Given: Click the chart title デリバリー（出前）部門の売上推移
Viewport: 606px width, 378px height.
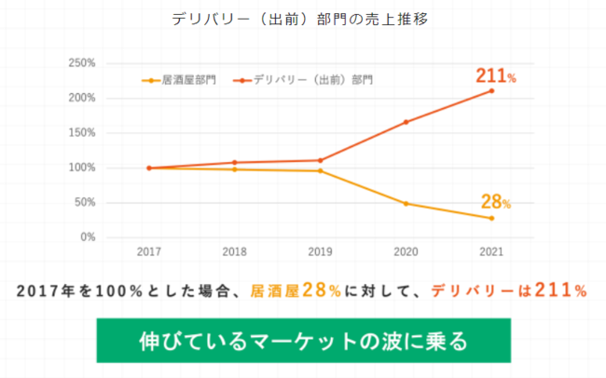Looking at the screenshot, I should (300, 20).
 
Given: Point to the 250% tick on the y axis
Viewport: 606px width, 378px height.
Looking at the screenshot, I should (82, 63).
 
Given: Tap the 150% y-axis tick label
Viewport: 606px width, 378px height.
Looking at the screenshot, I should (82, 133).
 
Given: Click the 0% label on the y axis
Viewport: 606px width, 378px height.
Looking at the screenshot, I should (88, 237).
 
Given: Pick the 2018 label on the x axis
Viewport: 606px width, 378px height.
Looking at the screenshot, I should (234, 252).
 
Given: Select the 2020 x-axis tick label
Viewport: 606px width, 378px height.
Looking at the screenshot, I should (406, 252).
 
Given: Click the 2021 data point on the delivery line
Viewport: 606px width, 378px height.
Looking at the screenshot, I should (491, 90).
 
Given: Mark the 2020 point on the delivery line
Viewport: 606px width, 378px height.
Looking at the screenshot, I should (406, 122).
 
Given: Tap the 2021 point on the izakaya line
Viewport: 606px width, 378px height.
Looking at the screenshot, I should (491, 218).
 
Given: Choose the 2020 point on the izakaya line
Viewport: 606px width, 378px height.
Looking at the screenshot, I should (406, 203).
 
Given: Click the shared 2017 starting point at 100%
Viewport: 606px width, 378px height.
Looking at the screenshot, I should (148, 169).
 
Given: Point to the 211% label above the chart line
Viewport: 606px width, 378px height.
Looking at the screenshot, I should (495, 74).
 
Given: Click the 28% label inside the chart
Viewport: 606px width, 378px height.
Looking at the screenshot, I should (495, 201).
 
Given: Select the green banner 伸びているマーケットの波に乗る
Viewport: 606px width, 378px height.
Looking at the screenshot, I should (303, 340).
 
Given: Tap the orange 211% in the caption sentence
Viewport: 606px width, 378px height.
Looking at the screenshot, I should (554, 290).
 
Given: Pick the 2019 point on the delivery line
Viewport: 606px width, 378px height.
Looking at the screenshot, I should (320, 160).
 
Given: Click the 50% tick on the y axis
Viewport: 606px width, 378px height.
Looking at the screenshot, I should (85, 203).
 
